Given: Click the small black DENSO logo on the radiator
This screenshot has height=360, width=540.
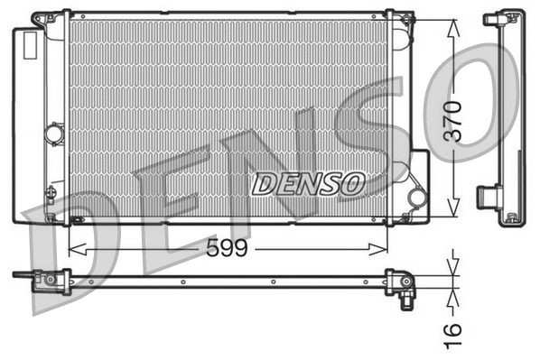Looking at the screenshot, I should tap(307, 184).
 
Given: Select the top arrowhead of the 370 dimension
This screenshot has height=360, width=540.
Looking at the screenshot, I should tap(452, 22).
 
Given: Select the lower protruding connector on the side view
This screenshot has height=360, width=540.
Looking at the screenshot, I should tap(488, 194).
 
